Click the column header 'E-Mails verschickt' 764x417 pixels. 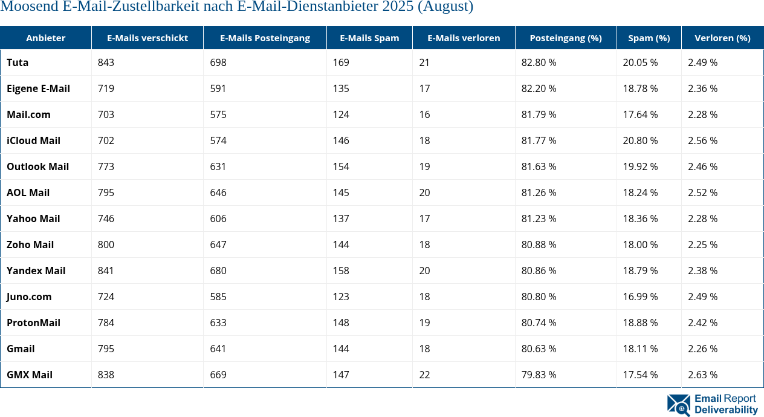[147, 38]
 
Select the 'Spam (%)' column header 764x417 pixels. [649, 38]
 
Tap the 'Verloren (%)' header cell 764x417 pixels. [722, 38]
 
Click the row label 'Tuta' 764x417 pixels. [18, 62]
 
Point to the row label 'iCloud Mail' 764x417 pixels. [33, 140]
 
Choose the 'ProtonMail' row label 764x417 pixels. [33, 323]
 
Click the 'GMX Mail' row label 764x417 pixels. [30, 375]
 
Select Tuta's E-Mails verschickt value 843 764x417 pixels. [106, 62]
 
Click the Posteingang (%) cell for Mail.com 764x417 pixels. [539, 114]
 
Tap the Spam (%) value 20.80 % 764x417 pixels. [640, 140]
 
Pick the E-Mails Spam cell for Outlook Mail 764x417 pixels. [341, 166]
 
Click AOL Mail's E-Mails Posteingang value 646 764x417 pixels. [218, 192]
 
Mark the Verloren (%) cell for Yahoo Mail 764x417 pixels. [702, 218]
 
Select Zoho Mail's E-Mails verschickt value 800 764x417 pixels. [106, 245]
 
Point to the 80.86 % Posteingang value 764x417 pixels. [539, 271]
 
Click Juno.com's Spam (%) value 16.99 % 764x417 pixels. [640, 297]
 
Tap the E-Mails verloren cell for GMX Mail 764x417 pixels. [424, 375]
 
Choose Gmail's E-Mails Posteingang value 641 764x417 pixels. [218, 349]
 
